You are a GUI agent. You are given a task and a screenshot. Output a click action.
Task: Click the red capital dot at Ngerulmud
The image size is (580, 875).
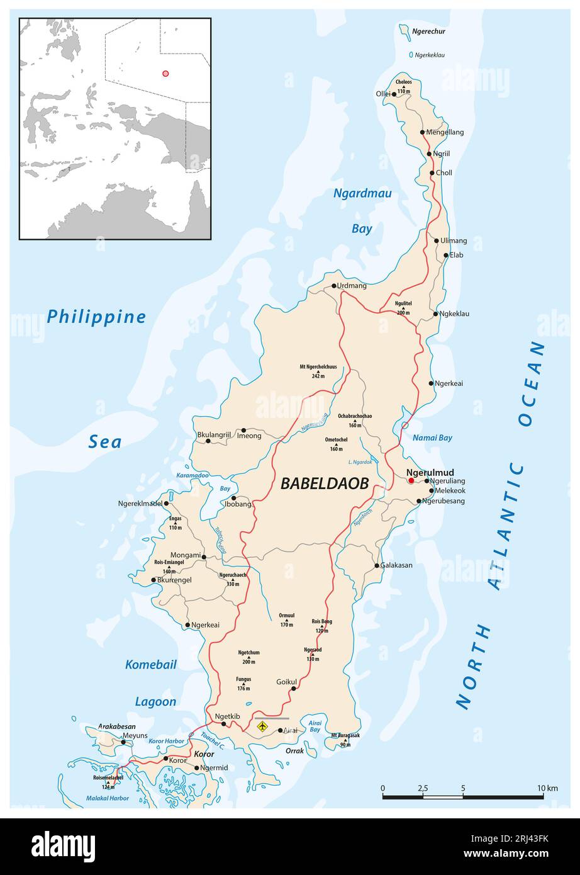pyautogui.click(x=411, y=480)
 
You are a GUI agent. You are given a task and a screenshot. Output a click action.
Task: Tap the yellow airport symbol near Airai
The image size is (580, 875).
pyautogui.click(x=263, y=726)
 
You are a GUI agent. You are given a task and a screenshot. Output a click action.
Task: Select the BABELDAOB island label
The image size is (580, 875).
pyautogui.click(x=323, y=483)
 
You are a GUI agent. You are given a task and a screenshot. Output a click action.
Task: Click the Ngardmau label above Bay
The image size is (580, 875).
pyautogui.click(x=362, y=193)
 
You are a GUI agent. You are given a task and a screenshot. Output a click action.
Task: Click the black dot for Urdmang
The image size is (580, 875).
pyautogui.click(x=334, y=286)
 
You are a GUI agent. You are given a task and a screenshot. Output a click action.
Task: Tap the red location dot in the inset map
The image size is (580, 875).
pyautogui.click(x=165, y=74)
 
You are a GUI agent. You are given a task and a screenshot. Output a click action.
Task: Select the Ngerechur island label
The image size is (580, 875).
pyautogui.click(x=428, y=31)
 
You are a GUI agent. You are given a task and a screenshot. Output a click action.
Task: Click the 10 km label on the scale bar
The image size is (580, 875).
pyautogui.click(x=547, y=788)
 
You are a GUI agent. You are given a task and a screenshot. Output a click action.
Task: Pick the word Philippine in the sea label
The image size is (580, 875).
pyautogui.click(x=96, y=317)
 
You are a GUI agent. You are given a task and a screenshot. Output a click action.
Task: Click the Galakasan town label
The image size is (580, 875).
pyautogui.click(x=397, y=565)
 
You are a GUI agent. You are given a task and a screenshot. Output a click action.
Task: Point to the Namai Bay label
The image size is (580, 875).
pyautogui.click(x=432, y=437)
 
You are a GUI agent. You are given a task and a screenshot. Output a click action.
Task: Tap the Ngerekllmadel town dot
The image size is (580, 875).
pyautogui.click(x=167, y=503)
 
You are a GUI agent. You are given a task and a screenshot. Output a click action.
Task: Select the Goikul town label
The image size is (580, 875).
pyautogui.click(x=286, y=682)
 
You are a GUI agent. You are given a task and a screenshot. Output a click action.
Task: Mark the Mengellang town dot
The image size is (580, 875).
pyautogui.click(x=423, y=132)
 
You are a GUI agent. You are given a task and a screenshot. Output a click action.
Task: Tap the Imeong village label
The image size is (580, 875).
pyautogui.click(x=248, y=436)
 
